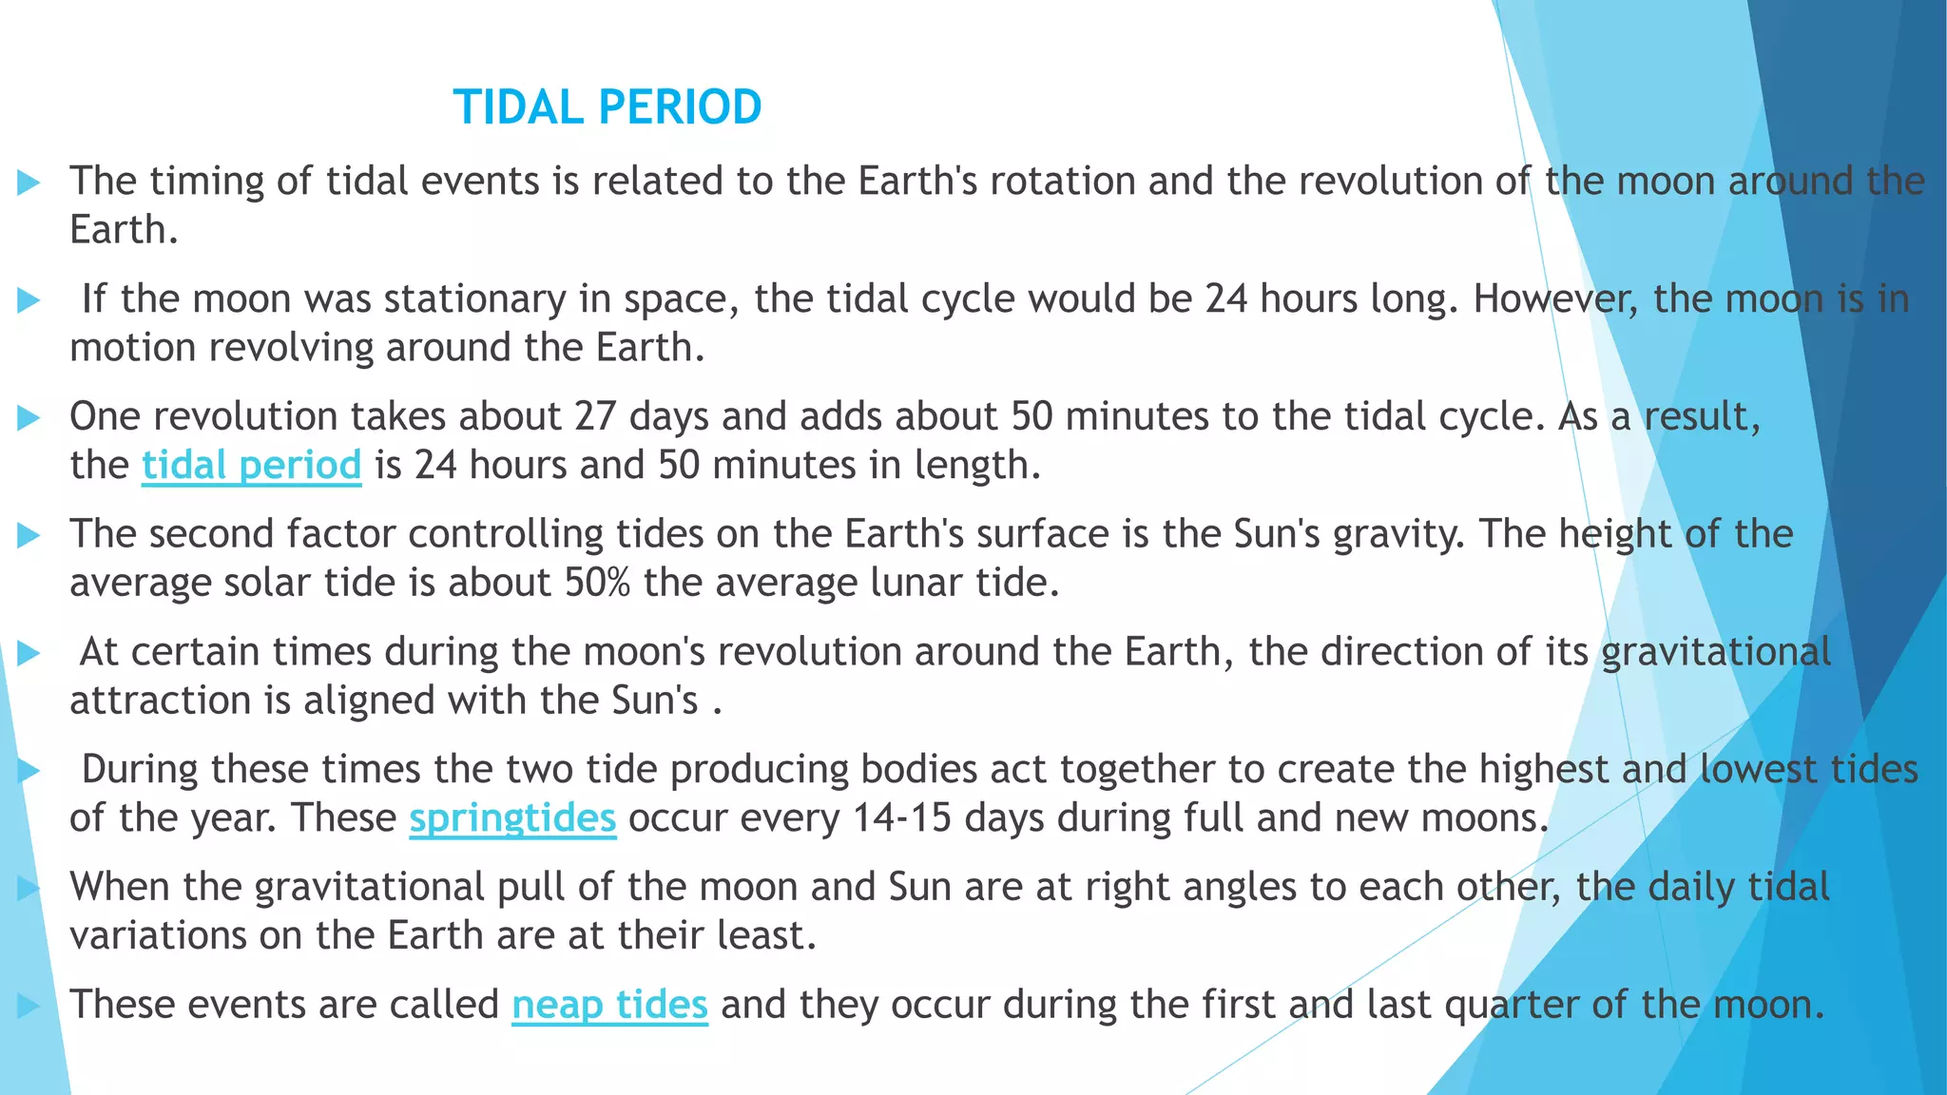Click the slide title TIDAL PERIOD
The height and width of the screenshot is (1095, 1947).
coord(607,106)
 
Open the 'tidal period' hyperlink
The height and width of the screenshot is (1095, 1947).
coord(251,465)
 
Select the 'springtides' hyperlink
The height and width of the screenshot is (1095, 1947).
coord(512,817)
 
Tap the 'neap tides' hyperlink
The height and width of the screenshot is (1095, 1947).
coord(609,1004)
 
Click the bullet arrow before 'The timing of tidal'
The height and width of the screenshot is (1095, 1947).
coord(29,182)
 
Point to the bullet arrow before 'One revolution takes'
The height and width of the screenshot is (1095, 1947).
coord(29,417)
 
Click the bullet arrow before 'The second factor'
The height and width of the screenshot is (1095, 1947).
coord(29,535)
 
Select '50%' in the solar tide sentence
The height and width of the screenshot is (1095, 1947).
coord(597,582)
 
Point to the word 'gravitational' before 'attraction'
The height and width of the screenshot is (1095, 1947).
coord(1716,652)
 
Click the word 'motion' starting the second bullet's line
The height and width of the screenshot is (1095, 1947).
coord(132,348)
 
